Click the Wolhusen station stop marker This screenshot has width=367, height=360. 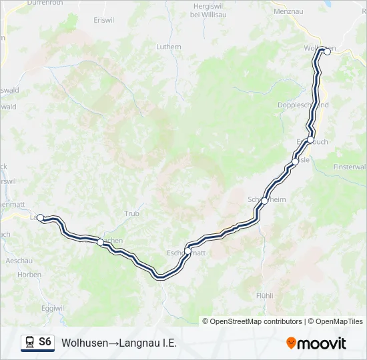(327, 52)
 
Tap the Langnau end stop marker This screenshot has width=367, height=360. (41, 217)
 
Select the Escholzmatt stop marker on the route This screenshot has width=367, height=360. (188, 251)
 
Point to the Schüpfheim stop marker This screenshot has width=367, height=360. (264, 200)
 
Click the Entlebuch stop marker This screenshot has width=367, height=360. (310, 139)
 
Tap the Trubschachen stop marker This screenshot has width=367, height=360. (100, 242)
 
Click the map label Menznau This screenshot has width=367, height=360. (288, 11)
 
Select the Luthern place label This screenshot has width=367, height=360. (168, 47)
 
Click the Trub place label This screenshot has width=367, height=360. (131, 214)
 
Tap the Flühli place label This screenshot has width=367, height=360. (265, 295)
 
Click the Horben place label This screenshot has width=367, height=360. (29, 274)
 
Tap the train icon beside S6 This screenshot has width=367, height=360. (29, 342)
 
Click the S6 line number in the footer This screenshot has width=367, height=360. (45, 342)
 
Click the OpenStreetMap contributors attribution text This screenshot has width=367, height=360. (256, 321)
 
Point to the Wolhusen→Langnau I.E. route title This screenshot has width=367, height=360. (119, 343)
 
